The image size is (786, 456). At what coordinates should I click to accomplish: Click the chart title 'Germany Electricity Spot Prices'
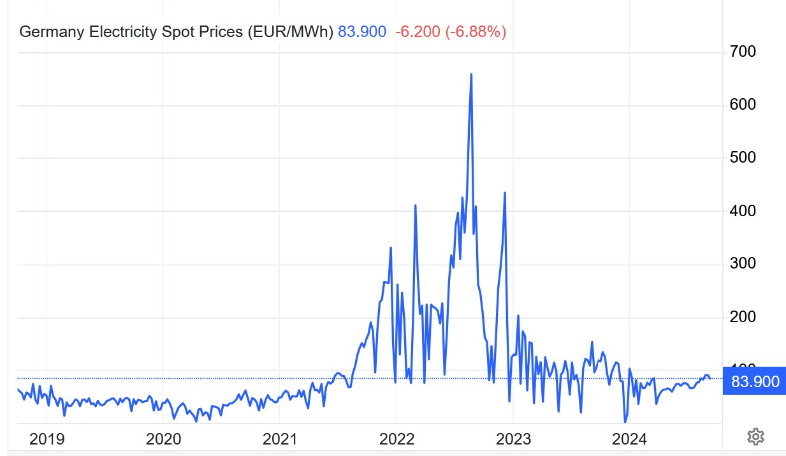coord(130,32)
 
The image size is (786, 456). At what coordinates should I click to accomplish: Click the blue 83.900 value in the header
coord(362,32)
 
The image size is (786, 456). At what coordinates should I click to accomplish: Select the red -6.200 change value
coord(418,32)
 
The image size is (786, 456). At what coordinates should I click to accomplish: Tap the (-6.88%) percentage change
coord(476,32)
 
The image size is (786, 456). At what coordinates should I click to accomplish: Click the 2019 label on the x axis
coord(47,439)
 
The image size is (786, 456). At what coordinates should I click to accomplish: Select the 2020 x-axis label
coord(163,439)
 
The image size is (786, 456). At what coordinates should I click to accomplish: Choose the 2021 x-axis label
coord(280,439)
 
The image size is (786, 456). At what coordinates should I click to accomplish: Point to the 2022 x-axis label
coord(397,439)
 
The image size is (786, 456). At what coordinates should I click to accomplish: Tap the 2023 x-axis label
coord(513,439)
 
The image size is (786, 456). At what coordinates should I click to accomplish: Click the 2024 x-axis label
coord(629,439)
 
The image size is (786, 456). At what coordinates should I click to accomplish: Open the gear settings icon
coord(755,437)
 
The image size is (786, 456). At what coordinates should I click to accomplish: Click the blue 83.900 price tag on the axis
coord(755,382)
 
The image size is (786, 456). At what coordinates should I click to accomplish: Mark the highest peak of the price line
coord(471,75)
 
